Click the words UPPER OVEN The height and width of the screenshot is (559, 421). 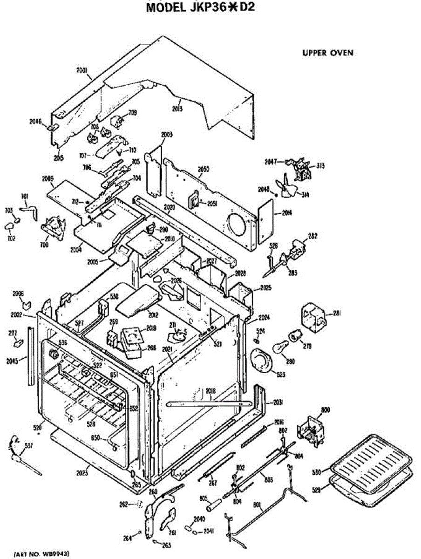pos(328,53)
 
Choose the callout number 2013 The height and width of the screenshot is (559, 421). pos(177,109)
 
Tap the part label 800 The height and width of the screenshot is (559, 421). pos(325,409)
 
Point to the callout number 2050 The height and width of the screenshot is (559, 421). pos(203,170)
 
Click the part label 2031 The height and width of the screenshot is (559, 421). pos(278,402)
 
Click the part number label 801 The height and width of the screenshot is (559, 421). pos(258,504)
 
